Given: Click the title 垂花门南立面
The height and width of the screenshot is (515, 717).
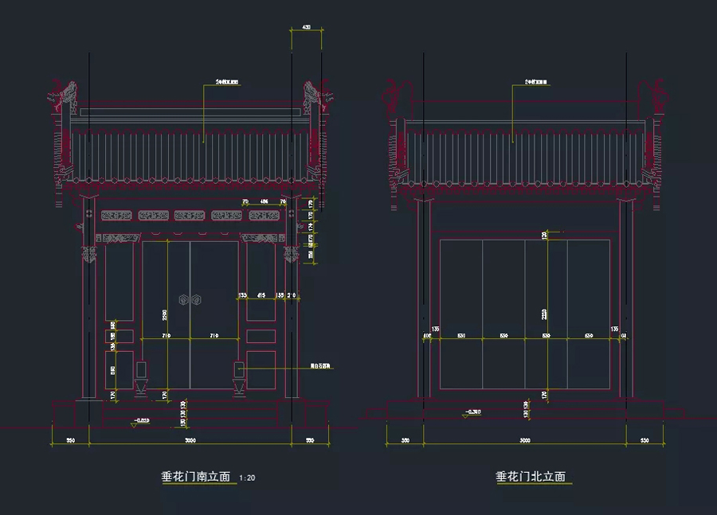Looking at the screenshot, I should (196, 477).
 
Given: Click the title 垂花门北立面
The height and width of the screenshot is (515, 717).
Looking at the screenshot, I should (531, 477).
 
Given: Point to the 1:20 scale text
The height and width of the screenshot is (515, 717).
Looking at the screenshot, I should (248, 478).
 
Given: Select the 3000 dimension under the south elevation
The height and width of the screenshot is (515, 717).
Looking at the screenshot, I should (190, 439).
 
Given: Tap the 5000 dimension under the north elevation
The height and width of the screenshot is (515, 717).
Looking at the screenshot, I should (524, 439).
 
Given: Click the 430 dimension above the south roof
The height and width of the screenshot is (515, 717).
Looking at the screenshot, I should (307, 28).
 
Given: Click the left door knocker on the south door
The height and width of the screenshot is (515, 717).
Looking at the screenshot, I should (183, 300).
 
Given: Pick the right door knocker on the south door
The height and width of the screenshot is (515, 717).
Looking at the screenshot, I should (197, 300).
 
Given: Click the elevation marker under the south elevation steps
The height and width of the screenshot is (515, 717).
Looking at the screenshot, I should (140, 419).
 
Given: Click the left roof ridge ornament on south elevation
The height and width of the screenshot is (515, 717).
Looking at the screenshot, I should (66, 96).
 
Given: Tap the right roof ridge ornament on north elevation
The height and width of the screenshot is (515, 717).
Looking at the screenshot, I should (657, 96).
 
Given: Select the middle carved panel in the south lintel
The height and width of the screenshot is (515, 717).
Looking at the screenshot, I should (190, 215).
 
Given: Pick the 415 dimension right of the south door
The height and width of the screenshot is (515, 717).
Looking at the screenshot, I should (261, 295).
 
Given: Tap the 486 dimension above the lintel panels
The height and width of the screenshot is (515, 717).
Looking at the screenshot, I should (264, 202).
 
